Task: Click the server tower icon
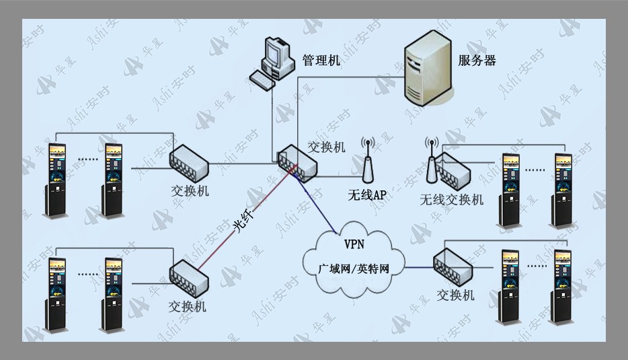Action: pyautogui.click(x=428, y=68)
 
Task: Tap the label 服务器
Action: pyautogui.click(x=477, y=61)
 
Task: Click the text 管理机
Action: pyautogui.click(x=321, y=61)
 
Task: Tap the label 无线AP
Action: pyautogui.click(x=367, y=195)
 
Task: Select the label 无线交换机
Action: pyautogui.click(x=451, y=199)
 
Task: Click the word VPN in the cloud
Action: pyautogui.click(x=354, y=244)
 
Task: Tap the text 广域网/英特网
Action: pyautogui.click(x=354, y=268)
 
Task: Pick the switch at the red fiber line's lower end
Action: pyautogui.click(x=189, y=278)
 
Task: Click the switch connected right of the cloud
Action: pyautogui.click(x=453, y=267)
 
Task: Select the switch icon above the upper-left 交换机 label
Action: pyautogui.click(x=189, y=163)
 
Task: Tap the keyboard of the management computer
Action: pyautogui.click(x=262, y=81)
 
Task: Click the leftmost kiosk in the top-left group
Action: pyautogui.click(x=55, y=180)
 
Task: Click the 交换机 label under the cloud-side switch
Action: pyautogui.click(x=455, y=295)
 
